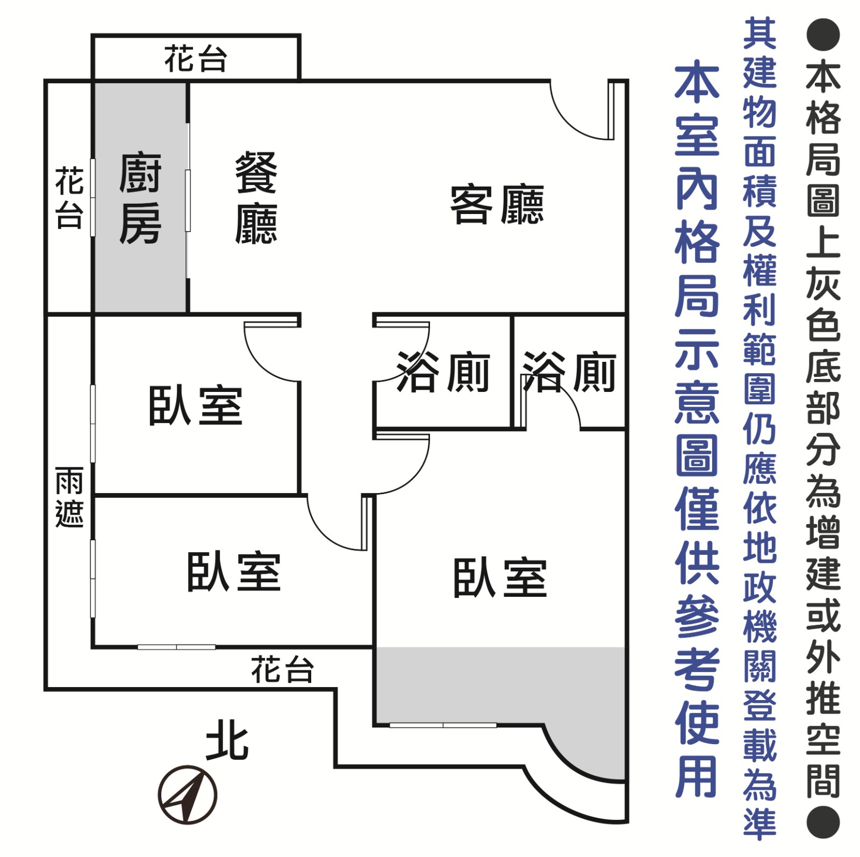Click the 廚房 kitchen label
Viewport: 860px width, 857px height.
[140, 198]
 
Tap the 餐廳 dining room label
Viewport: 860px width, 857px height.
[256, 197]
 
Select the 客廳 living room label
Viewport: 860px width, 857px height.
[497, 204]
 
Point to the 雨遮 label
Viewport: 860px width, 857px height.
[69, 497]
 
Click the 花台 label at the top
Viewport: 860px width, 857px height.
[196, 59]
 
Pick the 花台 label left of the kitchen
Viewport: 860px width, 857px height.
[69, 197]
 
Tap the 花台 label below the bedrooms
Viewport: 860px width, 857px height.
[283, 669]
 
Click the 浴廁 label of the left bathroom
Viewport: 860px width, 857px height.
[443, 372]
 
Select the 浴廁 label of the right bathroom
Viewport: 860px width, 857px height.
[569, 372]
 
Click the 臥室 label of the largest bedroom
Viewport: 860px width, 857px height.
[500, 579]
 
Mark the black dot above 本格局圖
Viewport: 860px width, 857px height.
[823, 34]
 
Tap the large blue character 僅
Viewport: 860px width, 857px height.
[697, 509]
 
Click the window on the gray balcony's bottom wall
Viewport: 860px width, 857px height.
[443, 725]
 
